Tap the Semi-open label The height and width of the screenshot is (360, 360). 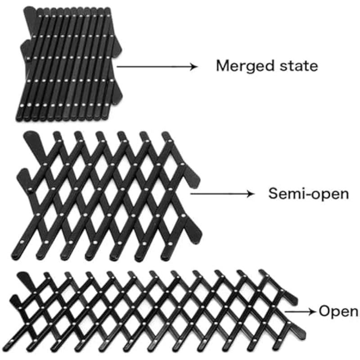point(308,194)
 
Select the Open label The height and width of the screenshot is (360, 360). point(338,311)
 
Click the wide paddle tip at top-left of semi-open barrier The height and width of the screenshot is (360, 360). point(31,137)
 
